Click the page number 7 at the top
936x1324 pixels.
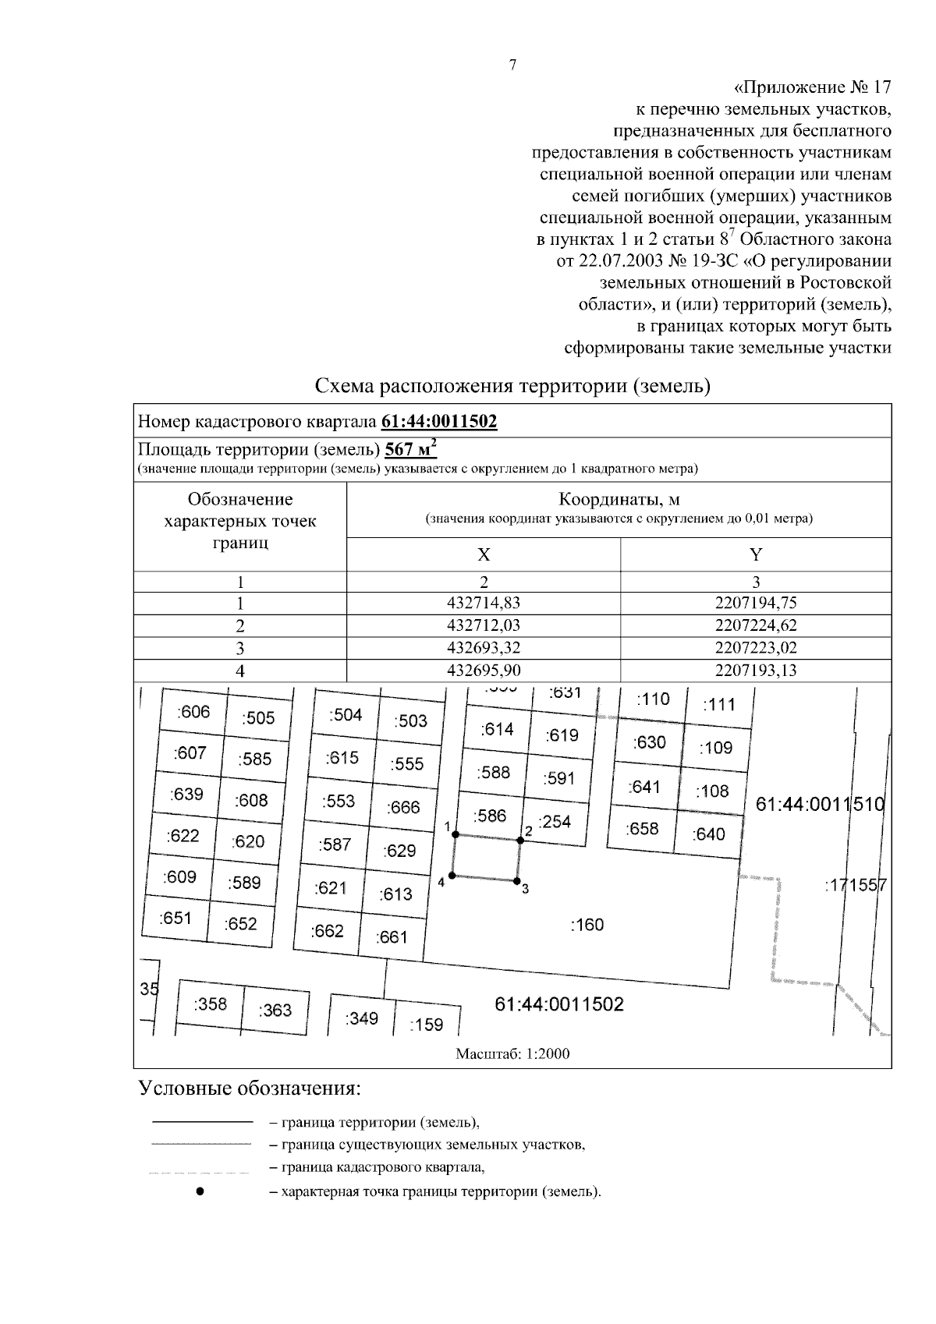click(512, 65)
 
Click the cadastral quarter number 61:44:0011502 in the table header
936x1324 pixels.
click(439, 422)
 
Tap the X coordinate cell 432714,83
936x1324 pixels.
click(484, 603)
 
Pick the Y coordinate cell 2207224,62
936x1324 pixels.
click(755, 625)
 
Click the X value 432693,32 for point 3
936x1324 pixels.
click(484, 648)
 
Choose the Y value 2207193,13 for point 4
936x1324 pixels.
click(755, 671)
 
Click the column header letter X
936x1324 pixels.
click(484, 555)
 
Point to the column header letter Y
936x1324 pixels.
click(755, 555)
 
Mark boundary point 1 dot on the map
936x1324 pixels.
click(456, 834)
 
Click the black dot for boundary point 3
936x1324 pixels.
click(516, 881)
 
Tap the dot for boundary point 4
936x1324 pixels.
click(452, 876)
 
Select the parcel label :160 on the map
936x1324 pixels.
click(587, 925)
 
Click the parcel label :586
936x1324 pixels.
click(490, 816)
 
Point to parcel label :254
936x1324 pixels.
click(555, 821)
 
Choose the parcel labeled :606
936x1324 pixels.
click(193, 711)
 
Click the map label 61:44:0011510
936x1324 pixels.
click(820, 805)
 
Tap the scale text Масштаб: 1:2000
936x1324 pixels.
click(512, 1054)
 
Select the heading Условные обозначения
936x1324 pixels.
click(250, 1088)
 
